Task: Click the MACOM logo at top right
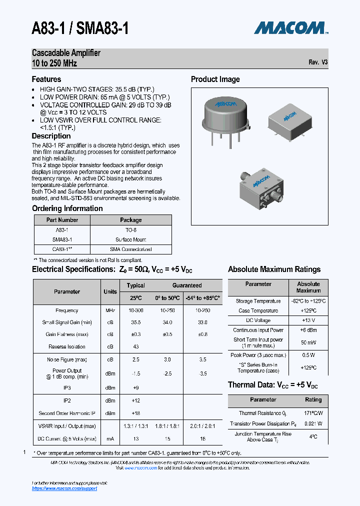click(x=291, y=27)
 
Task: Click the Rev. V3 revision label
click(x=318, y=62)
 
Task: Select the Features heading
click(x=46, y=79)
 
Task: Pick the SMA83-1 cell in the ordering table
click(x=62, y=239)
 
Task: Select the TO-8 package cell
click(x=130, y=230)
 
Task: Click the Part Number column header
click(x=62, y=220)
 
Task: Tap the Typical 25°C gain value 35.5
click(x=135, y=322)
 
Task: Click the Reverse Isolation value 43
click(x=135, y=346)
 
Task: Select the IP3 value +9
click(x=135, y=387)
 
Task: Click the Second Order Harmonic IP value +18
click(x=135, y=413)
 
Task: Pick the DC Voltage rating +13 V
click(x=308, y=320)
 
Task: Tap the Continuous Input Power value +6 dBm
click(x=308, y=330)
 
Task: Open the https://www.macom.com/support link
click(x=64, y=488)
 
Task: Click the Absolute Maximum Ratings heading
click(x=274, y=269)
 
